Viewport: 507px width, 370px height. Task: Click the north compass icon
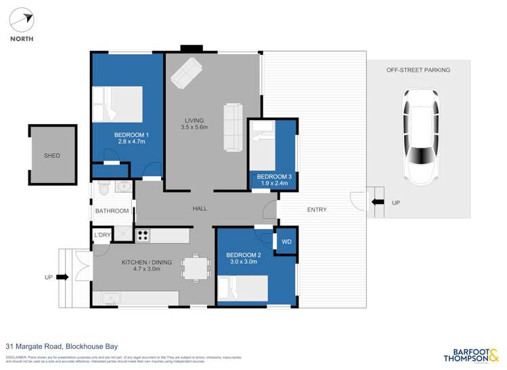tap(21, 20)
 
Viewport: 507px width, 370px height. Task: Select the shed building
tap(52, 155)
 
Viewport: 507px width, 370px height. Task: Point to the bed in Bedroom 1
tap(118, 104)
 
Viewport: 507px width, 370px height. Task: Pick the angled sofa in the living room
tap(186, 73)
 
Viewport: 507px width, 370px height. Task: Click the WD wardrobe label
tap(286, 241)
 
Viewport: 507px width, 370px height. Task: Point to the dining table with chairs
tap(196, 268)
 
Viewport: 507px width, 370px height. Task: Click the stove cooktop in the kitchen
tap(143, 235)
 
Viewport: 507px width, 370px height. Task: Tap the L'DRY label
tap(102, 235)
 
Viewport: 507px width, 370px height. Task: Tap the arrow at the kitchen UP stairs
tap(63, 277)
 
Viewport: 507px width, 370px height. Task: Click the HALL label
tap(200, 209)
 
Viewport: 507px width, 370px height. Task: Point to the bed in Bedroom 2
tap(242, 288)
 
